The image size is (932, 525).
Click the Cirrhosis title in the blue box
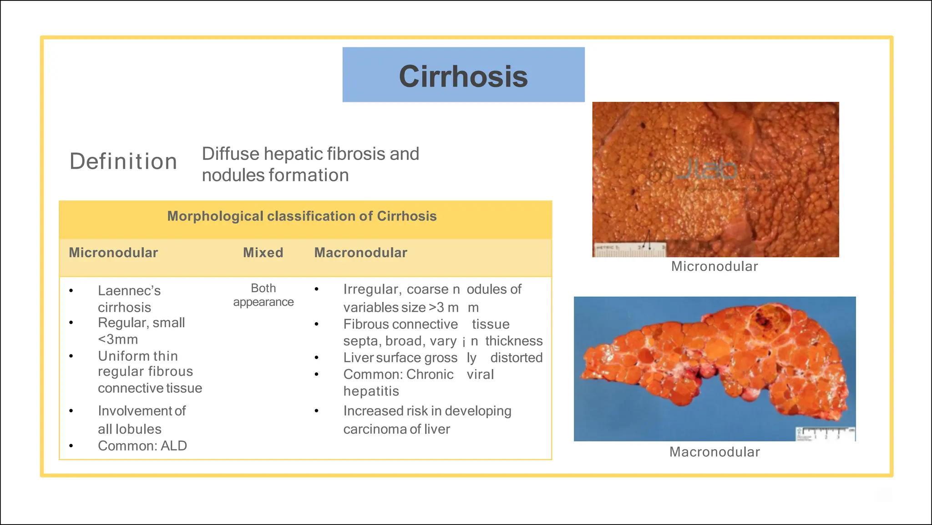[x=463, y=76]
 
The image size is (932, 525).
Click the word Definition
[x=123, y=161]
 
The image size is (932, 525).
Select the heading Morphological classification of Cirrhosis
[x=302, y=216]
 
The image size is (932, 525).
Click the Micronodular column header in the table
[x=113, y=253]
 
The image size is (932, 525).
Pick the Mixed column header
[x=263, y=253]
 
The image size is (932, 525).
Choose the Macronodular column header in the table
[x=360, y=253]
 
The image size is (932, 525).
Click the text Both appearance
[x=263, y=295]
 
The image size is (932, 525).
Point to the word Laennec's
[x=129, y=290]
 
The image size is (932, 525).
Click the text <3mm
[x=118, y=340]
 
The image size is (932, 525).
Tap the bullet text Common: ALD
[x=142, y=446]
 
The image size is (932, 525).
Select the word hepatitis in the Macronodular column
[x=371, y=391]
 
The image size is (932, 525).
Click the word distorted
[x=517, y=358]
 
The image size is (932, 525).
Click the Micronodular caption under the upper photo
[x=714, y=266]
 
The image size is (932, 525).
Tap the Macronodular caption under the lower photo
[x=714, y=452]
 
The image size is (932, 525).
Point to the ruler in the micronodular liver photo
[x=629, y=250]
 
